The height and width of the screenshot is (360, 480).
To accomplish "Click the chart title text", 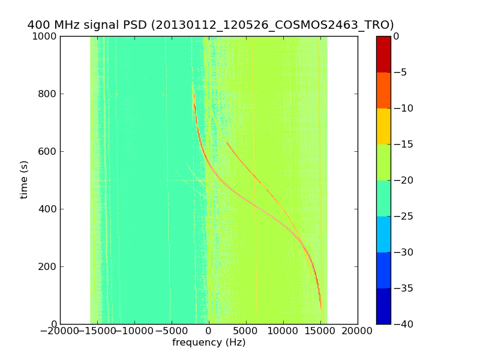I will click(211, 25).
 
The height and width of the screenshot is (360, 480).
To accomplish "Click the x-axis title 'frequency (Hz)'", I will click(209, 343).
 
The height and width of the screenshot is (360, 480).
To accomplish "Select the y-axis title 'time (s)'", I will click(25, 180).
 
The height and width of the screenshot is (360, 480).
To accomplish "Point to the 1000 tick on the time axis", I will click(46, 36).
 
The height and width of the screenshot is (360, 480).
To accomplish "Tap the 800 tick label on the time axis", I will click(49, 94).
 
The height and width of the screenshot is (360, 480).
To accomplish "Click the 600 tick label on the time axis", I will click(49, 151).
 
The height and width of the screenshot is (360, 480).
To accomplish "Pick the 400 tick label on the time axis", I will click(49, 209).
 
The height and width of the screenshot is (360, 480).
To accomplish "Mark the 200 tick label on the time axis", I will click(49, 266).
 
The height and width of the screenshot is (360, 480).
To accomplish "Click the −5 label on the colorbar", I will click(401, 72).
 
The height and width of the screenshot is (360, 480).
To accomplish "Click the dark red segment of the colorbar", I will click(383, 54).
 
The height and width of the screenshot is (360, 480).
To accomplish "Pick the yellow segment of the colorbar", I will click(383, 126).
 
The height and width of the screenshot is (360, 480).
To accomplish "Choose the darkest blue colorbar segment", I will click(383, 306).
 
